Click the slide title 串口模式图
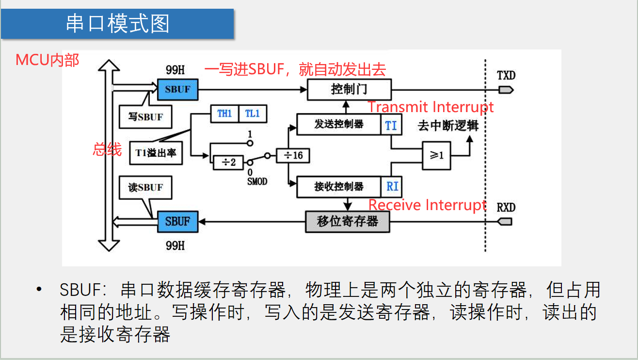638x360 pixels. coord(117,23)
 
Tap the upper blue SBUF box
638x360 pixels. coord(177,89)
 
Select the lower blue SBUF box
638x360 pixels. coord(177,221)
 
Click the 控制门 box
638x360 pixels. coord(349,89)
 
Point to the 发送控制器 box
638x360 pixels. coord(338,124)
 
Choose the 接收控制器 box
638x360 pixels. coord(338,186)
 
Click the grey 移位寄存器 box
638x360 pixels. coord(347,222)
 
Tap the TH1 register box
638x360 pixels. coord(224,114)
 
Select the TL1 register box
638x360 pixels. coord(253,114)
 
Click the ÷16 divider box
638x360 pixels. coord(293,155)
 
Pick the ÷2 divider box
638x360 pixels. coord(228,162)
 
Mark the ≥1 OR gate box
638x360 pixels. coord(436,155)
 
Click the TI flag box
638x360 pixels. coord(391,125)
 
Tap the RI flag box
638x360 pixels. coord(392,186)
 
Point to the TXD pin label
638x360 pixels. coord(506,76)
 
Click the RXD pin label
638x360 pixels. coord(506,208)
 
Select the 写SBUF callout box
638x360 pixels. coord(145,117)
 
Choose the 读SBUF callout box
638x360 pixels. coord(145,188)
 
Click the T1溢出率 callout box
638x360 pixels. coord(156,153)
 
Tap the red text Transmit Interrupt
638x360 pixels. coord(431,107)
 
